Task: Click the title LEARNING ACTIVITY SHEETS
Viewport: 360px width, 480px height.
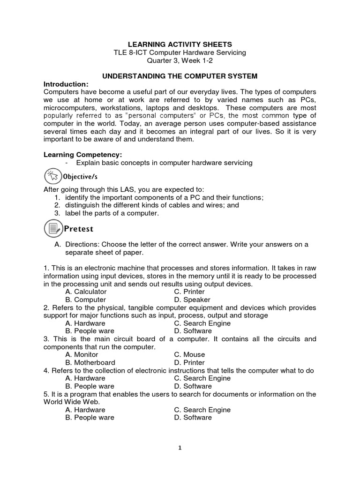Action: tap(180, 45)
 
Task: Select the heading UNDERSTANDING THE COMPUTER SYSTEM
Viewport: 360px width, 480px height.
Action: tap(180, 76)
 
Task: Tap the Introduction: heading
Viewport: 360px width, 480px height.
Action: tap(66, 84)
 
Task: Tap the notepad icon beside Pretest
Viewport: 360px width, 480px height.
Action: tap(52, 229)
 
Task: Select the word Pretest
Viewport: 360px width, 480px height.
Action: tap(79, 229)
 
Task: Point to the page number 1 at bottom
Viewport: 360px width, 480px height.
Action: tap(180, 448)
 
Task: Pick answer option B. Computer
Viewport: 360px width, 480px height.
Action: tap(86, 300)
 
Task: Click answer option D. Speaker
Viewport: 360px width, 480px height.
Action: tap(192, 300)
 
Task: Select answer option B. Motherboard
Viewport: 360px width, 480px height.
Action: tap(90, 362)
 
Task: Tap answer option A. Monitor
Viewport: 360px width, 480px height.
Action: tap(82, 355)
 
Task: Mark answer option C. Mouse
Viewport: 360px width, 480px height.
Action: tap(189, 355)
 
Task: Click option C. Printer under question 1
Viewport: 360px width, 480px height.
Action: tap(189, 292)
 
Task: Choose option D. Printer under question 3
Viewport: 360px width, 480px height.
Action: tap(189, 362)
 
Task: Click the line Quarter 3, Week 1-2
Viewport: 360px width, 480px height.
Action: tap(180, 60)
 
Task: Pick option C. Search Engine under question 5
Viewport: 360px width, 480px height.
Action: tap(202, 410)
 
